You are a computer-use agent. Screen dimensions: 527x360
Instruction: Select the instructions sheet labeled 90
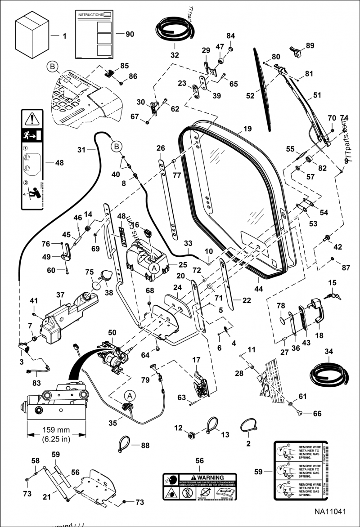coord(94,34)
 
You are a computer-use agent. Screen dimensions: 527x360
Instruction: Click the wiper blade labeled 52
coord(263,90)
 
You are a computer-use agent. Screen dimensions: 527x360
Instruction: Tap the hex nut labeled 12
coord(190,434)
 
